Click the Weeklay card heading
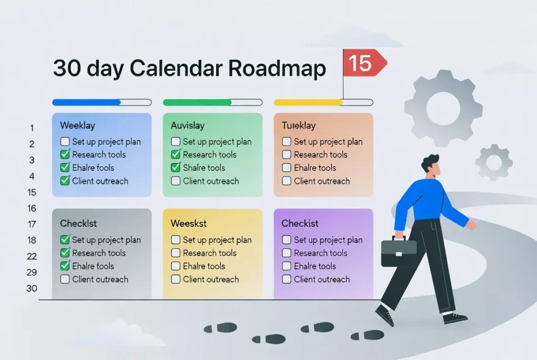click(78, 126)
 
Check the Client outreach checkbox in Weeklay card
click(65, 181)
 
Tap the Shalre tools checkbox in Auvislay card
click(176, 168)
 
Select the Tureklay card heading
click(299, 126)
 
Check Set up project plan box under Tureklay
click(287, 141)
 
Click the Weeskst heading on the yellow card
click(189, 224)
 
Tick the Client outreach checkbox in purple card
click(287, 279)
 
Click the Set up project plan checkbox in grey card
click(65, 239)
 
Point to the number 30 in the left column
click(31, 288)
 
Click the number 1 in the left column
click(31, 128)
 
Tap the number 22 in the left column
click(31, 256)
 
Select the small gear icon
click(494, 162)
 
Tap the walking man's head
click(431, 167)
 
